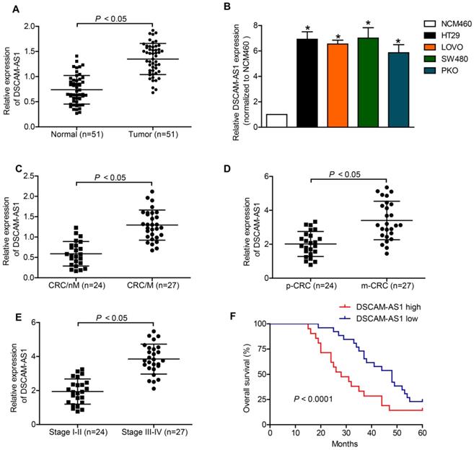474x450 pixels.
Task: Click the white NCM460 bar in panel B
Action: pos(276,120)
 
